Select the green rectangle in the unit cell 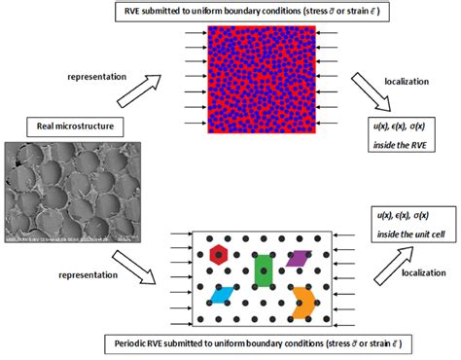[263, 270]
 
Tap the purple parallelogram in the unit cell [299, 258]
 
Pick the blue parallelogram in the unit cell [223, 294]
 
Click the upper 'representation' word [100, 74]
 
